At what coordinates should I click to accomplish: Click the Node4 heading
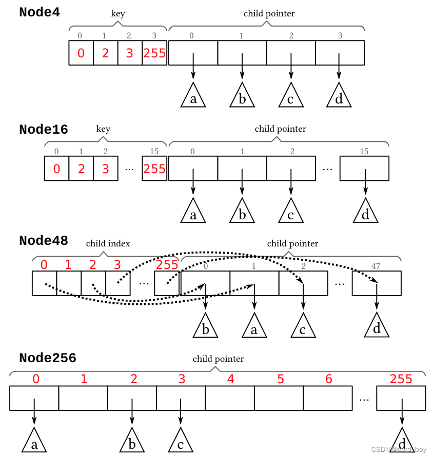coord(40,13)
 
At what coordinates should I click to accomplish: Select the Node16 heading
coord(43,130)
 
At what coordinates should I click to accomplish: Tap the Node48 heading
coord(43,240)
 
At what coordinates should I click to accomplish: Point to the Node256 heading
coord(47,358)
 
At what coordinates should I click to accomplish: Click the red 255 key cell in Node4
coord(154,53)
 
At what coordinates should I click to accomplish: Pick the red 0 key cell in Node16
coord(56,169)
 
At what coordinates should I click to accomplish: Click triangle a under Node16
coord(193,212)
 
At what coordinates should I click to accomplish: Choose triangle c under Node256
coord(180,442)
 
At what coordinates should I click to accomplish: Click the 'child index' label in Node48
coord(108,244)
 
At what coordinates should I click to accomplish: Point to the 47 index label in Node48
coord(376,266)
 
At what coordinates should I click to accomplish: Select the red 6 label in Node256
coord(329,379)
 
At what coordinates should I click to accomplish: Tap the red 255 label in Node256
coord(401,379)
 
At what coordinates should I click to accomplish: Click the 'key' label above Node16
coord(103,129)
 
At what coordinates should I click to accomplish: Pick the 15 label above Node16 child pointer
coord(364,151)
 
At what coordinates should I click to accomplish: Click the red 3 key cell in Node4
coord(130,53)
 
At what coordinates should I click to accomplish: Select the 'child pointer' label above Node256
coord(218,359)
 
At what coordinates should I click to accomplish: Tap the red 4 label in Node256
coord(231,379)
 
